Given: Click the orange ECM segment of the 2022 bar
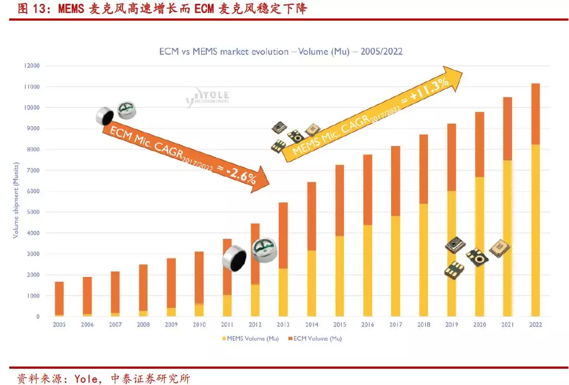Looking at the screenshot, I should tap(535, 114).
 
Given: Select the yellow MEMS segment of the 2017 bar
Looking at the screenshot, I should tap(395, 266).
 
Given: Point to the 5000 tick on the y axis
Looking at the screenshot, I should tap(32, 212).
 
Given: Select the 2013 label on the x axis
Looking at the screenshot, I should tap(284, 325).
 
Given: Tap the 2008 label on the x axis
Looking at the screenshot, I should tap(143, 325).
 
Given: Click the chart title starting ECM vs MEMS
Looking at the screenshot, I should tap(280, 52).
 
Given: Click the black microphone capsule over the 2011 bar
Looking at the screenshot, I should tap(234, 258).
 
